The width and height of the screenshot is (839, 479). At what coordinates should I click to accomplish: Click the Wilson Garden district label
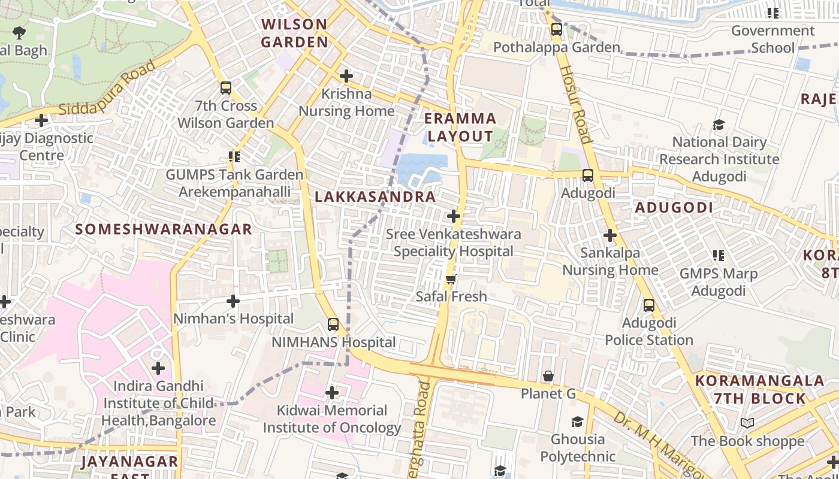(294, 33)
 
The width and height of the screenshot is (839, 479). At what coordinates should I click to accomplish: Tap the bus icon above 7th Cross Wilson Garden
(226, 88)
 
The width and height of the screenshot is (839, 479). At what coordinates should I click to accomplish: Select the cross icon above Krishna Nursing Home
(346, 76)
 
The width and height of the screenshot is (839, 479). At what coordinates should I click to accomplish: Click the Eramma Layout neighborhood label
(461, 127)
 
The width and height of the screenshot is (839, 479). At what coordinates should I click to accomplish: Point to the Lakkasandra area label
(375, 196)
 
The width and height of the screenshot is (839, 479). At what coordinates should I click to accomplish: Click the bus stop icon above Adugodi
(588, 175)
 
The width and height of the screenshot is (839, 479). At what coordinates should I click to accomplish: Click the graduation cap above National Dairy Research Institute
(719, 125)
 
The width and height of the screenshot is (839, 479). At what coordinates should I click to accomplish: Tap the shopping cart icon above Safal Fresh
(451, 279)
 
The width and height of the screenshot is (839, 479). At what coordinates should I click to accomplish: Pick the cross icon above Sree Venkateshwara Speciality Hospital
(454, 216)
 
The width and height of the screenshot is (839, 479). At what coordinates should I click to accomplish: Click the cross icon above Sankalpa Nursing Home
(610, 235)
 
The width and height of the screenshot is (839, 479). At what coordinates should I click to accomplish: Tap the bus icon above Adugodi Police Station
(649, 305)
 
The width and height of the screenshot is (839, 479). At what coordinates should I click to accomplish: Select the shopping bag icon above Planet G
(548, 376)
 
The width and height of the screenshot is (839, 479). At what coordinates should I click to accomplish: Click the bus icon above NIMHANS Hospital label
(333, 325)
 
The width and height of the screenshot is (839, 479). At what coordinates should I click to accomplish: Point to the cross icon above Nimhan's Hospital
(233, 301)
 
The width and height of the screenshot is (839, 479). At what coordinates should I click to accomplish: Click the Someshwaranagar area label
(164, 229)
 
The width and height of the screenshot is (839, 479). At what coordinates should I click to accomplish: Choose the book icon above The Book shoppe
(747, 423)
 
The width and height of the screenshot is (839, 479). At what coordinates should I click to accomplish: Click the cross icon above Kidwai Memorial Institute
(332, 393)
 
